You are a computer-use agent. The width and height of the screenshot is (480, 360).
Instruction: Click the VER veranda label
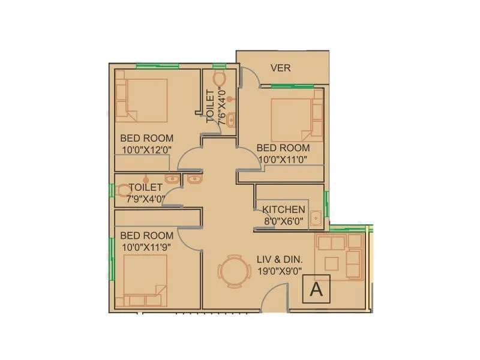click(x=280, y=68)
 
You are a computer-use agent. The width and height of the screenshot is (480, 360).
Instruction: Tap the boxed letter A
click(x=316, y=290)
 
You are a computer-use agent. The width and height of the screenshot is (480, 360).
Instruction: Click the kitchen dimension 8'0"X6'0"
click(x=284, y=221)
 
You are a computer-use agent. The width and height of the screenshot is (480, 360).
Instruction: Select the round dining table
click(x=232, y=272)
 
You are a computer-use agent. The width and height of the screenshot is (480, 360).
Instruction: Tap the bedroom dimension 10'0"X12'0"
click(x=146, y=149)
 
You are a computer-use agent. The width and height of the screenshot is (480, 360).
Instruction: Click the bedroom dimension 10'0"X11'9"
click(x=146, y=247)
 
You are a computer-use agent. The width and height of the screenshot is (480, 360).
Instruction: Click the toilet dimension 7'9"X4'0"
click(x=142, y=198)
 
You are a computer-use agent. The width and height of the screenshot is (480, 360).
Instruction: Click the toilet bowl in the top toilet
click(x=219, y=79)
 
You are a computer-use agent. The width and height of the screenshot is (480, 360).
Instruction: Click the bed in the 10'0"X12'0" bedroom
click(x=142, y=99)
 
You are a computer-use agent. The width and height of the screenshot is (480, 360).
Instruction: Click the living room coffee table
click(x=332, y=263)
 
